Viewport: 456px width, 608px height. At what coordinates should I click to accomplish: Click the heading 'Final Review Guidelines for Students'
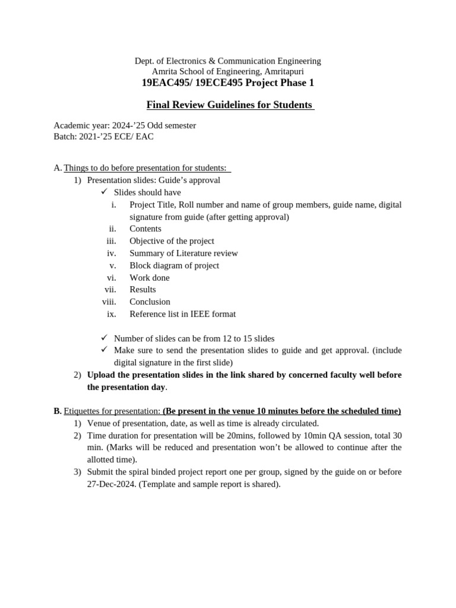point(229,105)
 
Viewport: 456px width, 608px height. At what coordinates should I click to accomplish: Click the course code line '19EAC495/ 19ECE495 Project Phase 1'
point(228,83)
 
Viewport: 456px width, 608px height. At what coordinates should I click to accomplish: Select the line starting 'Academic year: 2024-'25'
point(125,126)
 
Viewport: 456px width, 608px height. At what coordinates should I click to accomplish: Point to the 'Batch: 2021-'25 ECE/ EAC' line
point(104,137)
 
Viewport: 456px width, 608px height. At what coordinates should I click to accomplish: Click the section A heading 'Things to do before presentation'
point(145,168)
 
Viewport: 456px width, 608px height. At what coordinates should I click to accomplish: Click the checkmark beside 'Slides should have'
point(103,192)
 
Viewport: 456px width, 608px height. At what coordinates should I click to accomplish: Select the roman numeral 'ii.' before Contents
point(111,229)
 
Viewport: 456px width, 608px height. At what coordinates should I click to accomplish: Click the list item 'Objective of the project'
point(172,241)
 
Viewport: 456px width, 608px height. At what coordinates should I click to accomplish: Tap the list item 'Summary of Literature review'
point(183,253)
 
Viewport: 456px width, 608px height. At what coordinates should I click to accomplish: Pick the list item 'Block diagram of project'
point(174,265)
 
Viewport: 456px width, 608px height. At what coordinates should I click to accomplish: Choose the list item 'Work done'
point(149,277)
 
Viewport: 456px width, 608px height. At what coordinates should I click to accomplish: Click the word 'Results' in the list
point(142,289)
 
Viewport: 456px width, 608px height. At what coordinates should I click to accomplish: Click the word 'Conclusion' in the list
point(150,302)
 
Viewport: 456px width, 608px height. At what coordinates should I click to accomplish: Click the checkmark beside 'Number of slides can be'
point(103,338)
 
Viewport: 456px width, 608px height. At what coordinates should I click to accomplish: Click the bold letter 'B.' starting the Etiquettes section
point(58,411)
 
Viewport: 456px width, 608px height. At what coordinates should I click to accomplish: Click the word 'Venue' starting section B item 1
point(99,423)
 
